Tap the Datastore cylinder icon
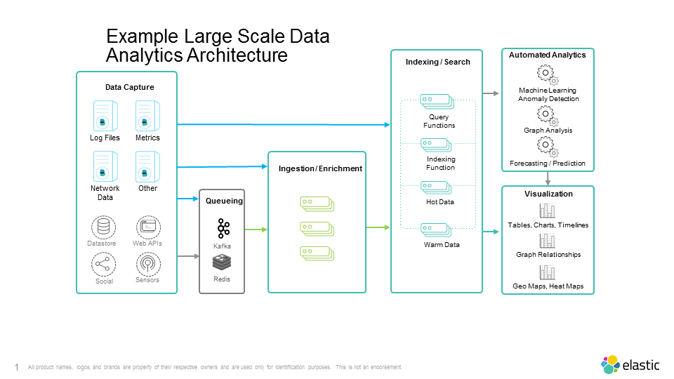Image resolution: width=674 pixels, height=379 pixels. (104, 227)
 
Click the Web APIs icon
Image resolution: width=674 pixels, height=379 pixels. (147, 227)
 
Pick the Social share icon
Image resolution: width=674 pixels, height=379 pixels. (104, 265)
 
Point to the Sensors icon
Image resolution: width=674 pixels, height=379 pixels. (147, 265)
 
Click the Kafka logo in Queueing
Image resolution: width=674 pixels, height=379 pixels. (223, 229)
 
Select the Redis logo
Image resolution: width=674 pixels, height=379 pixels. (222, 262)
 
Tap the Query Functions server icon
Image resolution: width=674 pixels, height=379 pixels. (437, 102)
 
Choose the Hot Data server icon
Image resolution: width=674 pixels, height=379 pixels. (437, 187)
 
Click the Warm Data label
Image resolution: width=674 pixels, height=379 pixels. (442, 245)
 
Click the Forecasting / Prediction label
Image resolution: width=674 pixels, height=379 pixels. (548, 164)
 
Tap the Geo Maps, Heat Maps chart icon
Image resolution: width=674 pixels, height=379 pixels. (547, 272)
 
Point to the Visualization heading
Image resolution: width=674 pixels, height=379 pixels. (548, 194)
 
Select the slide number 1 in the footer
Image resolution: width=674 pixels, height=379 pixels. (16, 367)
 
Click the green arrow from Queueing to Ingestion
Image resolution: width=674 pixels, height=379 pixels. (256, 229)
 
